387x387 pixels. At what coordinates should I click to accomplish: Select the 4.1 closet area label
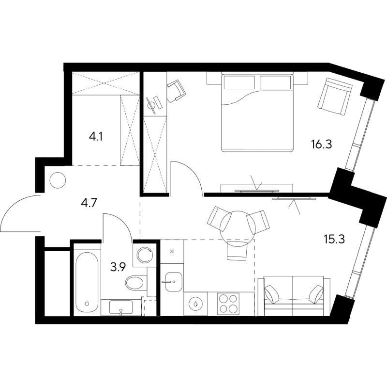pyautogui.click(x=95, y=137)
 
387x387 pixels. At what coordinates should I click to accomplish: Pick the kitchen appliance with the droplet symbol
pyautogui.click(x=196, y=304)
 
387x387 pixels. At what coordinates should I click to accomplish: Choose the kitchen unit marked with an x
pyautogui.click(x=172, y=251)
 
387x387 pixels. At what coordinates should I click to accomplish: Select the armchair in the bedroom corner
pyautogui.click(x=334, y=97)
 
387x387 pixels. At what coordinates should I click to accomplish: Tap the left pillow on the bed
pyautogui.click(x=239, y=81)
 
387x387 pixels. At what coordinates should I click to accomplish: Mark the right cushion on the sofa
pyautogui.click(x=315, y=294)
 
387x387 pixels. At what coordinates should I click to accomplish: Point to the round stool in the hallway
pyautogui.click(x=58, y=180)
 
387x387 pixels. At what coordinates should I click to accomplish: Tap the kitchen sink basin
pyautogui.click(x=171, y=281)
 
